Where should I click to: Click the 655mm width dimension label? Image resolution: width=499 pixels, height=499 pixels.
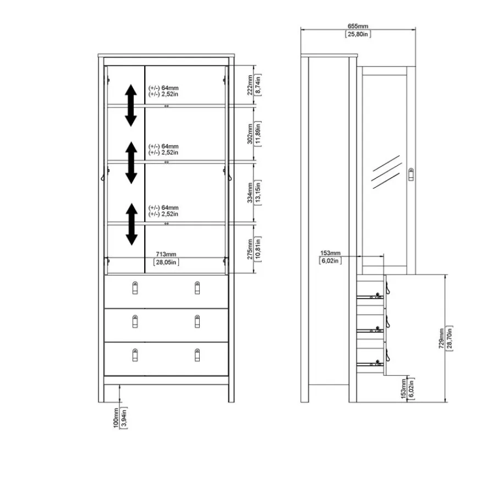pos(358,26)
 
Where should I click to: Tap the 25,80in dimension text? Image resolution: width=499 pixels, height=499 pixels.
pos(358,34)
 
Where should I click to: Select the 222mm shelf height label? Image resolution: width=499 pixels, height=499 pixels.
pos(250,85)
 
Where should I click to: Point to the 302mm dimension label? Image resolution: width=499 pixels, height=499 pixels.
pos(250,134)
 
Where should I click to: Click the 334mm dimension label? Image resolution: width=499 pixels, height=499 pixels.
pos(250,193)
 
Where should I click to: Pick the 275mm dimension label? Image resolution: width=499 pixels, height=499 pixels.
pos(250,249)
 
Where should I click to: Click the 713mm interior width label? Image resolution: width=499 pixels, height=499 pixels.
pos(166,254)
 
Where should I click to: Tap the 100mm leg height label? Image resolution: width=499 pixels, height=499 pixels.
pos(116,418)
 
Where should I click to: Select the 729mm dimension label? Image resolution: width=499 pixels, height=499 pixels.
pos(441,338)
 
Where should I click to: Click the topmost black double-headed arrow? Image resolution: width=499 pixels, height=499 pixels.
pos(131,105)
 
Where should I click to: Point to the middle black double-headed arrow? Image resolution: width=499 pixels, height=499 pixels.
pos(131,163)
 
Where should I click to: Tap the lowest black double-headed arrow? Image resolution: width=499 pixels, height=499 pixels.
pos(131,224)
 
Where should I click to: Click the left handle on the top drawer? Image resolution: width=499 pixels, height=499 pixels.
pos(135,288)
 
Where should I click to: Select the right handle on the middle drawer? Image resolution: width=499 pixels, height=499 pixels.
pos(198,321)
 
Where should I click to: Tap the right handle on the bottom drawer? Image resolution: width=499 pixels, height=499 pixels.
pos(198,355)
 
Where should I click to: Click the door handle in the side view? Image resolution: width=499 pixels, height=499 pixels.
pos(411,174)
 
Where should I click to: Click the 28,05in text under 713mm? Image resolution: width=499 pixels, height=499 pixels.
pos(166,262)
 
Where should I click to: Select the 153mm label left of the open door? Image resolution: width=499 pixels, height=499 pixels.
pos(330,253)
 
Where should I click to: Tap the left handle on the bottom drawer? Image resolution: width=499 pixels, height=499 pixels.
pos(135,355)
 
